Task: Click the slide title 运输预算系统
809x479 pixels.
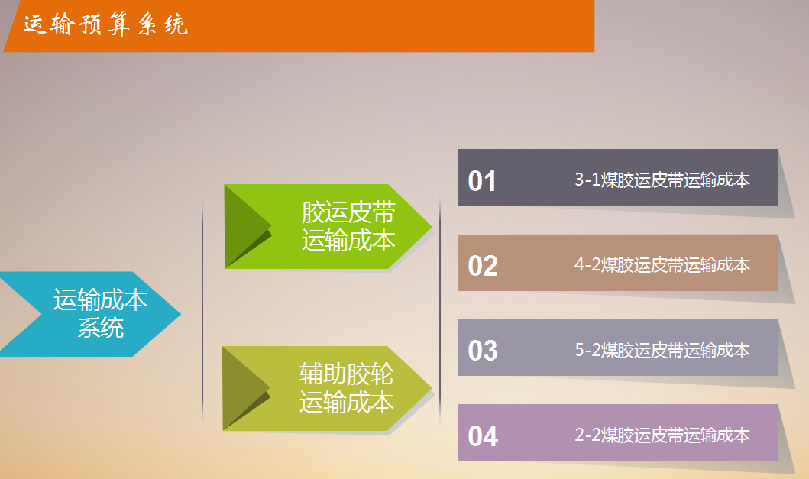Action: click(x=105, y=24)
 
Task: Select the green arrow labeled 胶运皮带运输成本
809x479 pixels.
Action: click(x=328, y=227)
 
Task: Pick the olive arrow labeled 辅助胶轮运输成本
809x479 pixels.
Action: click(x=327, y=388)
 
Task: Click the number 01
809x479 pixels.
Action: click(x=482, y=181)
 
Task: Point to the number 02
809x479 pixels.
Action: click(x=483, y=266)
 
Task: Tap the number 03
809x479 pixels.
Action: click(x=483, y=351)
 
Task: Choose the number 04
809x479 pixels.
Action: click(x=483, y=435)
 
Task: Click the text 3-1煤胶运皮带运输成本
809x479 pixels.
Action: click(x=662, y=180)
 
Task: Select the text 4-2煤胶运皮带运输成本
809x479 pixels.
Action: click(x=662, y=265)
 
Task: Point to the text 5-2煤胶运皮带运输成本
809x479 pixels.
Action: click(x=662, y=350)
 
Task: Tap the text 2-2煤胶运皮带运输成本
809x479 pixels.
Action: click(x=662, y=435)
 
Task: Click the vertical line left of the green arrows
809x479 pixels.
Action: click(x=202, y=315)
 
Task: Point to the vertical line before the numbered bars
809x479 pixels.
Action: click(x=440, y=309)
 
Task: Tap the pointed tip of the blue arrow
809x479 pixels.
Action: click(x=180, y=313)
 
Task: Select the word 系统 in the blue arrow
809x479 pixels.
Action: click(x=101, y=328)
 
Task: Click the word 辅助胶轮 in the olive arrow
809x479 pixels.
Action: click(x=347, y=374)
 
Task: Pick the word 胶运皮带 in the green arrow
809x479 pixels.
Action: click(x=349, y=212)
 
